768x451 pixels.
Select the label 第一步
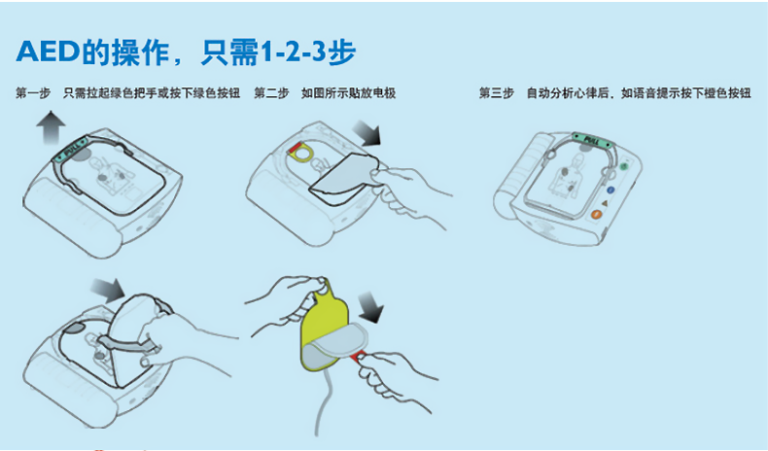(x=33, y=93)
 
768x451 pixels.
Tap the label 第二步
(x=271, y=93)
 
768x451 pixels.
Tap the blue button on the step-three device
(x=611, y=191)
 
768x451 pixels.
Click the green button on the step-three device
(x=622, y=166)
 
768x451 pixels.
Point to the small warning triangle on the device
(x=604, y=202)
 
